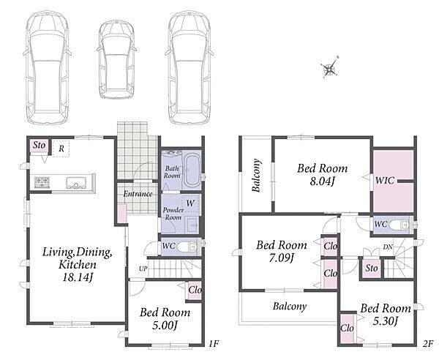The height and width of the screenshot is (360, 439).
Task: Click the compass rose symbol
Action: point(329,67)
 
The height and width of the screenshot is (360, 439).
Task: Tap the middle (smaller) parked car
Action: point(117,59)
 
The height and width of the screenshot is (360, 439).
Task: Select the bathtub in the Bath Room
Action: point(192,171)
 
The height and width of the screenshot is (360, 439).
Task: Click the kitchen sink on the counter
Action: point(76,183)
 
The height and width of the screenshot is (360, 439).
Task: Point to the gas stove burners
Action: point(42,181)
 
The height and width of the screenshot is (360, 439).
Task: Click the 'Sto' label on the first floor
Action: point(39,145)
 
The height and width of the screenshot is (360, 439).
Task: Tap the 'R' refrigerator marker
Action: point(61,149)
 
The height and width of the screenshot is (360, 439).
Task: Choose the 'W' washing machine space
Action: point(190,203)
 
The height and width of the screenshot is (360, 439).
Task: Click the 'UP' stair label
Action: point(143,269)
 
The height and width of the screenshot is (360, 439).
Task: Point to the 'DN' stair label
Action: point(388,247)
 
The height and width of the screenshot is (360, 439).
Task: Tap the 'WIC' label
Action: point(385,180)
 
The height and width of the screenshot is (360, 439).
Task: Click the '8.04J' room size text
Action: point(322,181)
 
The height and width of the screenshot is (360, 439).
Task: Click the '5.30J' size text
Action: point(386,320)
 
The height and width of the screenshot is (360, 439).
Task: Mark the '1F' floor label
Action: point(214,343)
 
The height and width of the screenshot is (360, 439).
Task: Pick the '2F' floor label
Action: point(428,343)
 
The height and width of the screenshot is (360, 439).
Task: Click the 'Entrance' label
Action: point(138,194)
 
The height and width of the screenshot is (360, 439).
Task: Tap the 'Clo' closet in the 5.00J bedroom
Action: point(195,290)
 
